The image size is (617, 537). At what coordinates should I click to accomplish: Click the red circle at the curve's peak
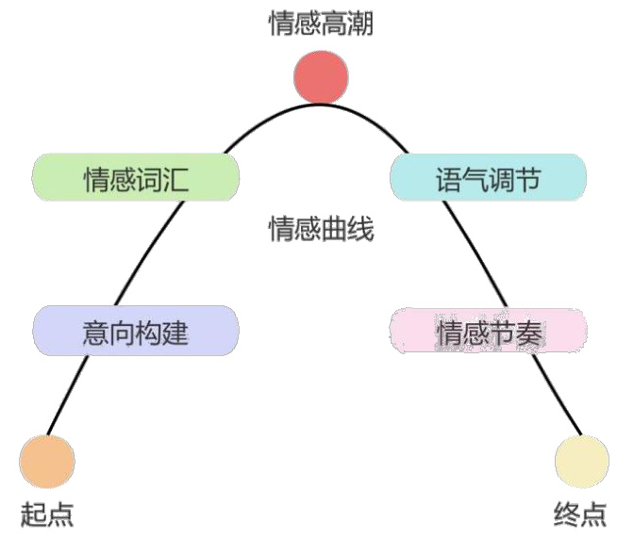pyautogui.click(x=322, y=77)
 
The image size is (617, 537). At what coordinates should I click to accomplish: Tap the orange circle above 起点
pyautogui.click(x=46, y=461)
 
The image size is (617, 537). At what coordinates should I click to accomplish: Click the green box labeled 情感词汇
pyautogui.click(x=135, y=178)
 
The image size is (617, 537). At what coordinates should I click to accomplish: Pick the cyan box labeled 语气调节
pyautogui.click(x=488, y=178)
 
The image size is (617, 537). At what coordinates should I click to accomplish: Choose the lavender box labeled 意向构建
pyautogui.click(x=135, y=331)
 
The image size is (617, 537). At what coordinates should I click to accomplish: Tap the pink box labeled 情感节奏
pyautogui.click(x=488, y=331)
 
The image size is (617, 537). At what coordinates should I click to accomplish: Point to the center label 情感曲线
pyautogui.click(x=322, y=229)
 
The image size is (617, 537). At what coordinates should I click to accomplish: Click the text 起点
pyautogui.click(x=46, y=514)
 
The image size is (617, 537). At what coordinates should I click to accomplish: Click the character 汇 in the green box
pyautogui.click(x=175, y=179)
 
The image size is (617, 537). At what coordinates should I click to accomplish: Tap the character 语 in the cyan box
pyautogui.click(x=449, y=179)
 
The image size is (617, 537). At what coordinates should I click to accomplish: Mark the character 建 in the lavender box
pyautogui.click(x=175, y=332)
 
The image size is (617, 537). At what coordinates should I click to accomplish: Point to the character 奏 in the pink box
pyautogui.click(x=527, y=332)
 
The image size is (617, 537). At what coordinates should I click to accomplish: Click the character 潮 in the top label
pyautogui.click(x=361, y=25)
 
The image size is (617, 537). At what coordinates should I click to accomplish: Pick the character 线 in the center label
pyautogui.click(x=361, y=229)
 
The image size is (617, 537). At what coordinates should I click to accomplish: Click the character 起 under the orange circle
pyautogui.click(x=33, y=514)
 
